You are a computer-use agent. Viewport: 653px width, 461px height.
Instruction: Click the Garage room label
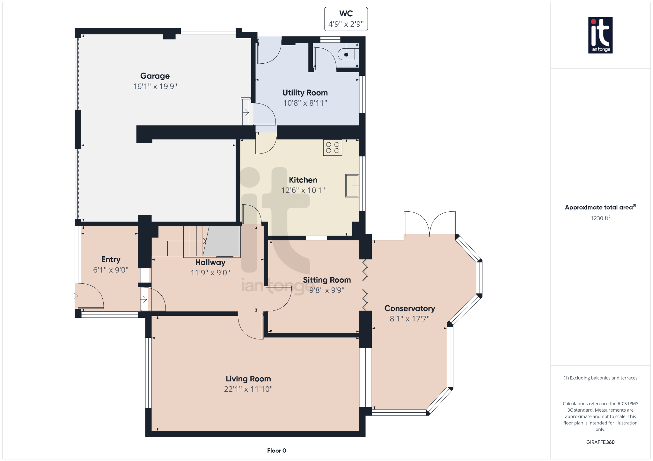pyautogui.click(x=155, y=76)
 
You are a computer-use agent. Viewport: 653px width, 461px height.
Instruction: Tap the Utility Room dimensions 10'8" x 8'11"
pyautogui.click(x=305, y=103)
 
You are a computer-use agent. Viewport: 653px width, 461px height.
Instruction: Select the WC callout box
pyautogui.click(x=346, y=19)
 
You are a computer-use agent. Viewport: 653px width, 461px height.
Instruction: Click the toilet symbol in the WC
pyautogui.click(x=348, y=54)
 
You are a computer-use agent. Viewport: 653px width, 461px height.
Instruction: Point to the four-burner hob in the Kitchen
pyautogui.click(x=333, y=148)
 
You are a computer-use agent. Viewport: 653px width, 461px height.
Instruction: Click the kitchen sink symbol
pyautogui.click(x=352, y=186)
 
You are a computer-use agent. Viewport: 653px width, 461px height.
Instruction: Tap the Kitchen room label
pyautogui.click(x=303, y=180)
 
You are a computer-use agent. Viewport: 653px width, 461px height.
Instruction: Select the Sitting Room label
pyautogui.click(x=327, y=280)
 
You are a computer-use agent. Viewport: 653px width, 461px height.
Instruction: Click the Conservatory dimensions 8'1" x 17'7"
pyautogui.click(x=410, y=319)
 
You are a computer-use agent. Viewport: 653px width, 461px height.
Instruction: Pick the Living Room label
pyautogui.click(x=248, y=379)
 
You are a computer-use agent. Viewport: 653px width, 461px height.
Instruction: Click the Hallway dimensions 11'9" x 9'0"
pyautogui.click(x=210, y=273)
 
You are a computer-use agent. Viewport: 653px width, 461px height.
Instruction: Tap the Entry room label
pyautogui.click(x=111, y=259)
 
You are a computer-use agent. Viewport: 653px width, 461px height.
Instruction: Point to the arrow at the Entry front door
pyautogui.click(x=74, y=296)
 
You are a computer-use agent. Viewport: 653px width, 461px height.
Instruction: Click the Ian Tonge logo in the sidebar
pyautogui.click(x=600, y=35)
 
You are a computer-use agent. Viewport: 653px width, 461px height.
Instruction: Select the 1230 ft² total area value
pyautogui.click(x=600, y=218)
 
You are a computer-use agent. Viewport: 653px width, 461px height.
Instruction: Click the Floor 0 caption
pyautogui.click(x=277, y=450)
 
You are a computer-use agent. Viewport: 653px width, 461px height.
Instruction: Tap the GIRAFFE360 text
pyautogui.click(x=600, y=442)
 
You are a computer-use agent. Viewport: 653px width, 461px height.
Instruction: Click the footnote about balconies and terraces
pyautogui.click(x=600, y=378)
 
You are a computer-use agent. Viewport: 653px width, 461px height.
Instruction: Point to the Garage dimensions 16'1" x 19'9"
pyautogui.click(x=155, y=86)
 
